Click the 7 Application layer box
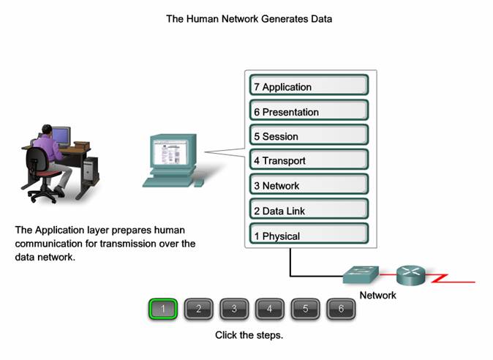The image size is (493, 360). (309, 85)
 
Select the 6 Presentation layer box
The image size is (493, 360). (309, 110)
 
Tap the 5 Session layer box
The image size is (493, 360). (309, 135)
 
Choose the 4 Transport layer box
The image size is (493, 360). (309, 159)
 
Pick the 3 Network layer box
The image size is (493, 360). (309, 184)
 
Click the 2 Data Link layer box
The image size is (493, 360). (309, 209)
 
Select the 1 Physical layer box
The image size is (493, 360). (309, 233)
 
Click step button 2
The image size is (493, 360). (198, 309)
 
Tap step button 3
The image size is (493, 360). (234, 309)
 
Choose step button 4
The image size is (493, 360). (269, 309)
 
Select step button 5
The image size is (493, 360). (305, 309)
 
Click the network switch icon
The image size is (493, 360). (361, 274)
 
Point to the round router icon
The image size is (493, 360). (410, 275)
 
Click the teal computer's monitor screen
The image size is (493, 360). (170, 152)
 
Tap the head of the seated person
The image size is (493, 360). (47, 130)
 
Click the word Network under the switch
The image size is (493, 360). (377, 295)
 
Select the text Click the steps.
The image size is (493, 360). (249, 335)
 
